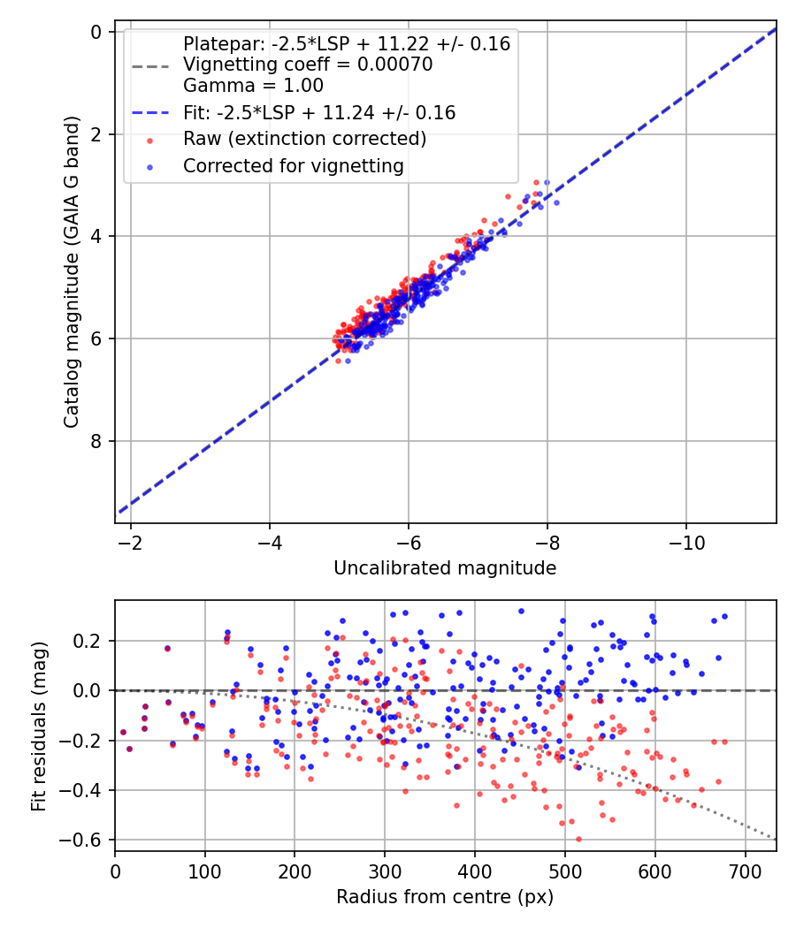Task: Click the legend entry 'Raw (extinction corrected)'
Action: coord(304,139)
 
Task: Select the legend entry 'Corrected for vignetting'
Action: coord(293,165)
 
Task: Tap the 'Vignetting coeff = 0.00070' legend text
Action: coord(308,65)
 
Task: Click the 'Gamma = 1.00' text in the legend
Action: coord(253,86)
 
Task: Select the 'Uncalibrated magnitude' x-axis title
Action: coord(445,568)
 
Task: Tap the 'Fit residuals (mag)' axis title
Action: coord(38,726)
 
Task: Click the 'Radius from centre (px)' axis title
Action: coord(445,897)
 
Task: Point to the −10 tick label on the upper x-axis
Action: coord(686,542)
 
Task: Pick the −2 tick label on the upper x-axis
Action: coord(131,542)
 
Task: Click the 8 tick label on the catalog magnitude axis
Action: coord(96,441)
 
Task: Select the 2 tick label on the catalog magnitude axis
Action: coord(96,134)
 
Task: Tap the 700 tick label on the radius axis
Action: coord(745,871)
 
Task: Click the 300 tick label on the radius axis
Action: coord(385,871)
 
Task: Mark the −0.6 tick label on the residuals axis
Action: coord(88,840)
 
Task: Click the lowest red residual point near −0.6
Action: coord(578,839)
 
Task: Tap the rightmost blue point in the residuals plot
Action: coord(724,616)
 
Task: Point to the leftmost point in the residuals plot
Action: coord(123,732)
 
